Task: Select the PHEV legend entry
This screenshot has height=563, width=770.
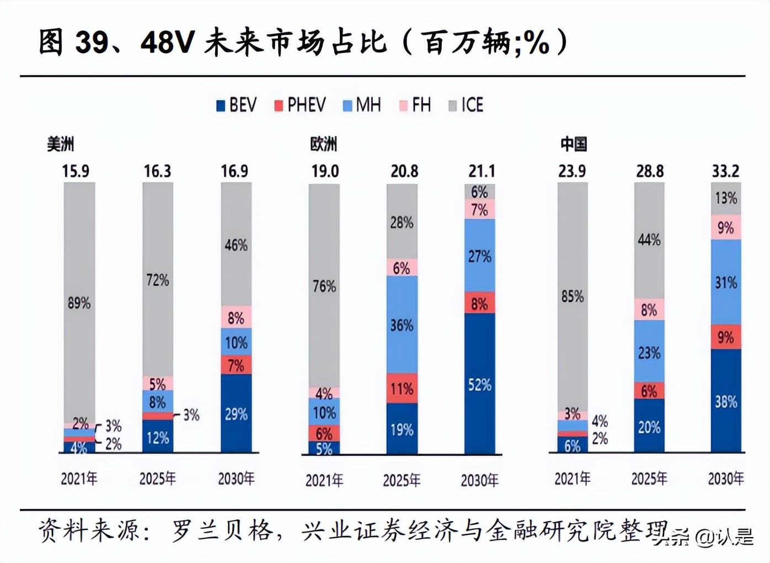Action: click(300, 105)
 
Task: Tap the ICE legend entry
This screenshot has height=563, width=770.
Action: click(466, 105)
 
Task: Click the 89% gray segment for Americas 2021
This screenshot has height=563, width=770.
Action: click(79, 302)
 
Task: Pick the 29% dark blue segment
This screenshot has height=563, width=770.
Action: click(236, 413)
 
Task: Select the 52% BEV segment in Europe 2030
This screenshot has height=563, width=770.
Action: click(479, 384)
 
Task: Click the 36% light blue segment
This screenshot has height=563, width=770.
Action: click(402, 325)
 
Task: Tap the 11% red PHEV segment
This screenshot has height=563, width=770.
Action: click(402, 389)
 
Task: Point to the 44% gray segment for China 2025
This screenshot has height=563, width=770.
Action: click(649, 240)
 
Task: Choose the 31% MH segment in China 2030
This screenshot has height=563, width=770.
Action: click(726, 282)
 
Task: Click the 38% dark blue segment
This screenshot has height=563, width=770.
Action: click(726, 401)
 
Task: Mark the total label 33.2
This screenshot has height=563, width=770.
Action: click(725, 171)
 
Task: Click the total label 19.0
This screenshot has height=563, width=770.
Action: click(325, 171)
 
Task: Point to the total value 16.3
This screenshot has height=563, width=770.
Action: click(157, 171)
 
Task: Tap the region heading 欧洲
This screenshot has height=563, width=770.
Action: click(323, 145)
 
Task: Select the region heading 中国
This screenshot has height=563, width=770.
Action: click(574, 145)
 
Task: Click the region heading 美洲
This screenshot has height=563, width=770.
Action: click(60, 145)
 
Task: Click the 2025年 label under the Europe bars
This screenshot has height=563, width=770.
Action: click(402, 480)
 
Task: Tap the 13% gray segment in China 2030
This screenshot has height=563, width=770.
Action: click(726, 198)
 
